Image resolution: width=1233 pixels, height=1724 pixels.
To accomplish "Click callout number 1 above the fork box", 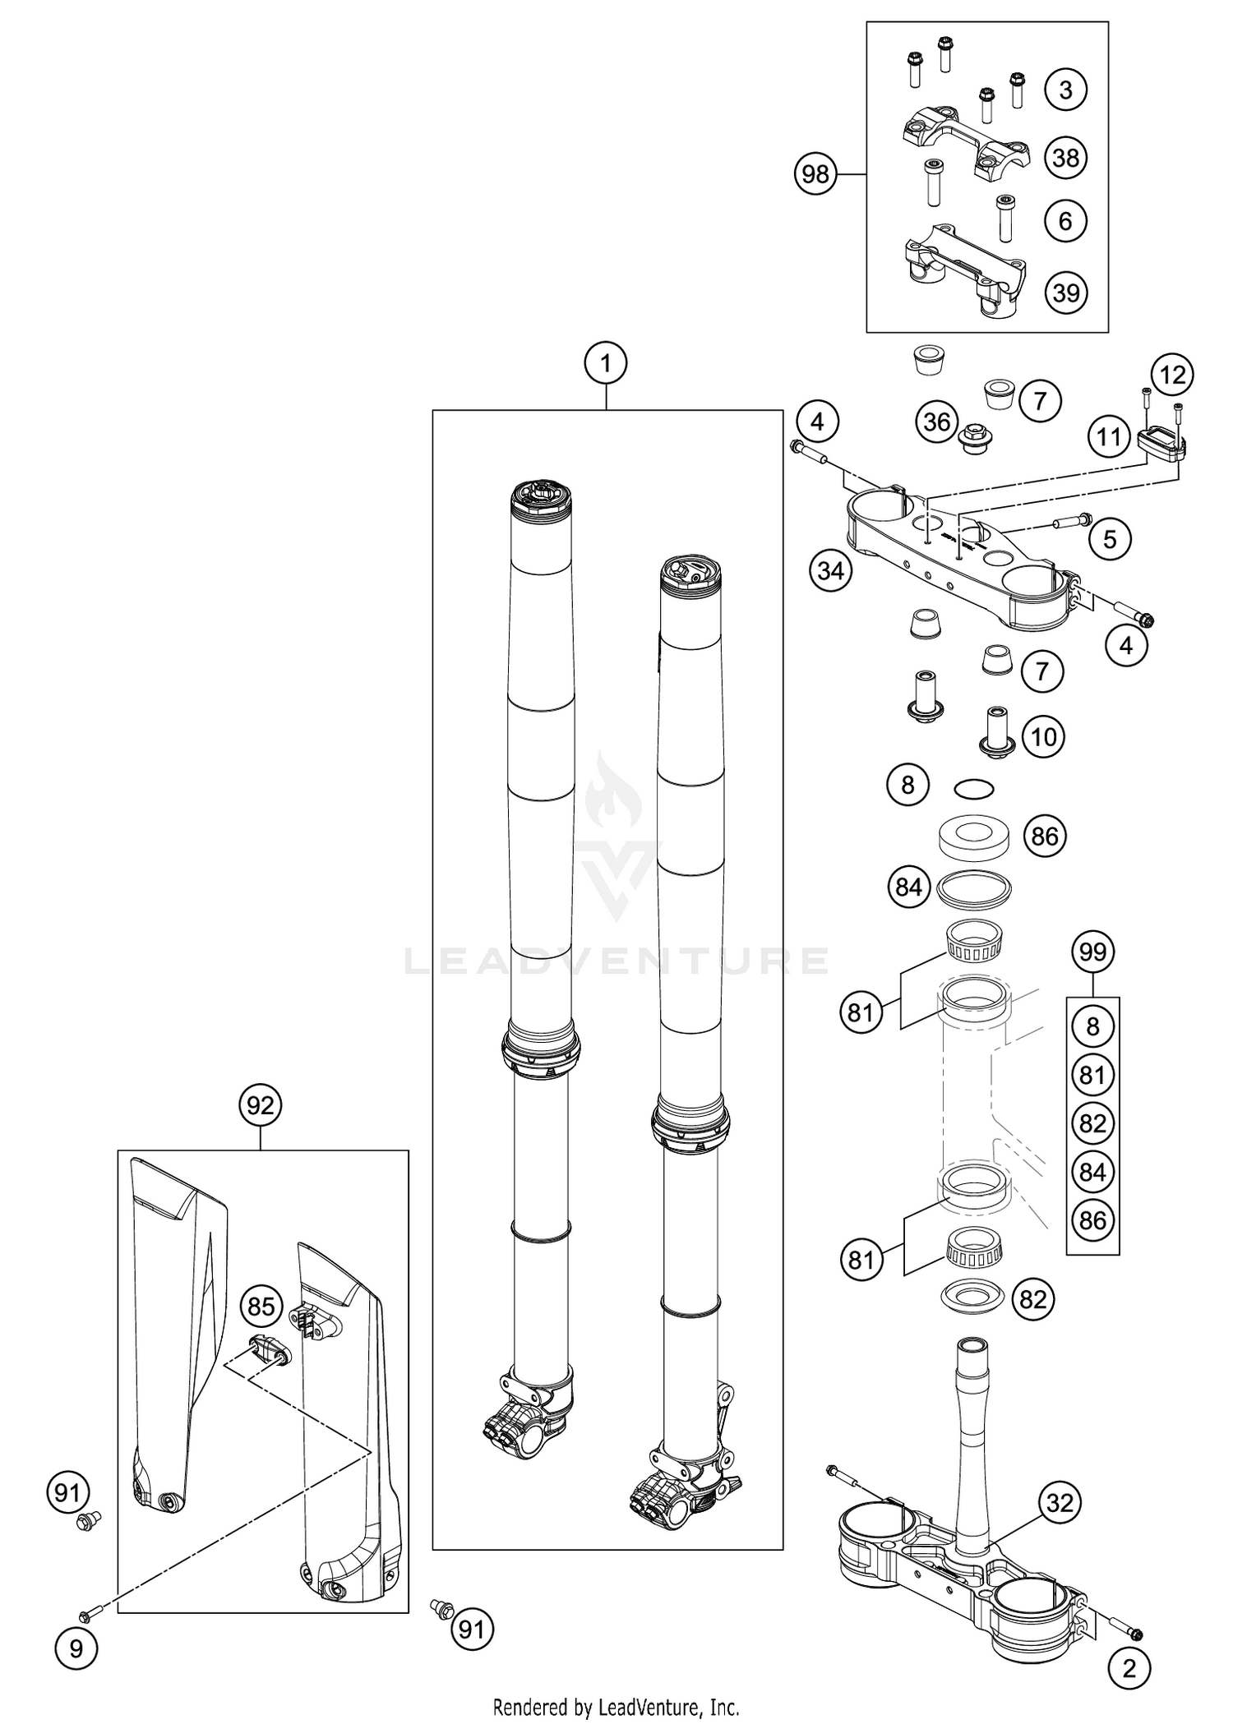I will click(606, 362).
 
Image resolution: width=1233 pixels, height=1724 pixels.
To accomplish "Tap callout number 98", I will click(815, 174).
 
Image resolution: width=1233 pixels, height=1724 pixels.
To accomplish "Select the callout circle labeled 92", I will click(260, 1105).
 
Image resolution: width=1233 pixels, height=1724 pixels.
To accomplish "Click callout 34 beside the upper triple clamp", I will click(830, 569).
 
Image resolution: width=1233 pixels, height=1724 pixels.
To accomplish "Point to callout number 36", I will click(936, 422).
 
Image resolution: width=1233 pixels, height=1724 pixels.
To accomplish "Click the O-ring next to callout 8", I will click(974, 789).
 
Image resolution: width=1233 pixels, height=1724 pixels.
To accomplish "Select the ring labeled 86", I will click(975, 837).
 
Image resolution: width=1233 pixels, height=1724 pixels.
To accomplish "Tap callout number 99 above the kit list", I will click(1092, 952).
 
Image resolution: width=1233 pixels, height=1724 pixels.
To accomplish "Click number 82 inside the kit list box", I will click(1092, 1123).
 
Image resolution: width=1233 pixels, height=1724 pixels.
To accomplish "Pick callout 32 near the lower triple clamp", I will click(1060, 1503).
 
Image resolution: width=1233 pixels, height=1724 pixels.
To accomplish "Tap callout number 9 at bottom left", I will click(76, 1649).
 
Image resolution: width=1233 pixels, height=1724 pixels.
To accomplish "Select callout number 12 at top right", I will click(1172, 375).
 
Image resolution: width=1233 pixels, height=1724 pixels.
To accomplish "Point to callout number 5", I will click(1110, 539).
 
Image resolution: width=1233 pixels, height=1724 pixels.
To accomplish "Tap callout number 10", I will click(1043, 736).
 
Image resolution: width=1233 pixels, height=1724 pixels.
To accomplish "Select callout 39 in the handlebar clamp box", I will click(1065, 293).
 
